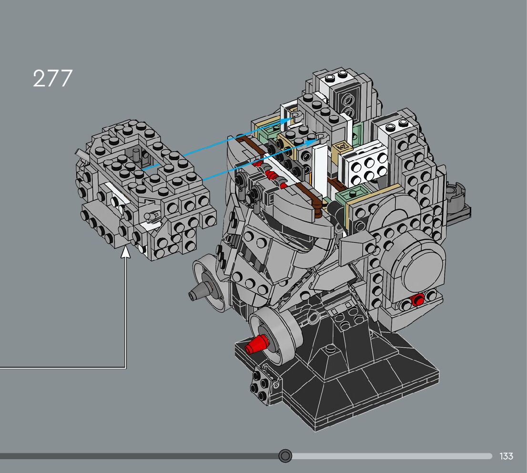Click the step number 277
point(53,78)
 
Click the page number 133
point(506,456)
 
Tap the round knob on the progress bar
point(285,456)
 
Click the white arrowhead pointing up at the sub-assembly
point(126,252)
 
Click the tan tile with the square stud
point(342,147)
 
